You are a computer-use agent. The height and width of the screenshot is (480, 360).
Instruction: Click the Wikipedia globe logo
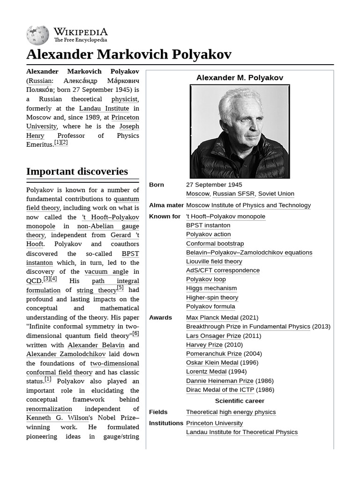coord(37,35)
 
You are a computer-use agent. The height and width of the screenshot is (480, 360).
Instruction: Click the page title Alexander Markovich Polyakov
coord(129,54)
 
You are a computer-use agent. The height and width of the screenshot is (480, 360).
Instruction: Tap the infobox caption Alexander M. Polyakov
coord(240,78)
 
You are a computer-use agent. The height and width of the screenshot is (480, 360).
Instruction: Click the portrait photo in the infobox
coord(240,131)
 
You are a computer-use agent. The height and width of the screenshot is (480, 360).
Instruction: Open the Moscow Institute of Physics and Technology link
coord(248,205)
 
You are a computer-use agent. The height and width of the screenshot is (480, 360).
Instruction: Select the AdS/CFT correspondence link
coord(223,270)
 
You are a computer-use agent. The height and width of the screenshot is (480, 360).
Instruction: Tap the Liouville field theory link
coord(214,262)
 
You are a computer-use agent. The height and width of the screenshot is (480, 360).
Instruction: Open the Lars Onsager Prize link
coord(213,336)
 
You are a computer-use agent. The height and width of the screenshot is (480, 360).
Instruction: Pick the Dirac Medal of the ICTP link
coord(220,390)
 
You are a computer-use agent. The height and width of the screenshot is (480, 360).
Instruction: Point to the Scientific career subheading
coord(240,401)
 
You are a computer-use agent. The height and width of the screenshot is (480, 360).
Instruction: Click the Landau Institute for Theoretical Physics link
coord(241,432)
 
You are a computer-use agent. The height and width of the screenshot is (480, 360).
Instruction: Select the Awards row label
coord(160,318)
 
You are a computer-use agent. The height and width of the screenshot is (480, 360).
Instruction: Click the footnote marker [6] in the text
coord(135,334)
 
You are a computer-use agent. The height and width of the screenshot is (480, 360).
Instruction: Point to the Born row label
coord(157,185)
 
